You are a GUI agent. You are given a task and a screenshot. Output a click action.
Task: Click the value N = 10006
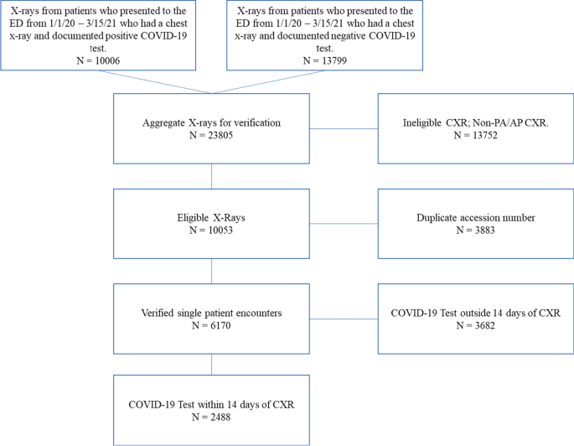coord(99,60)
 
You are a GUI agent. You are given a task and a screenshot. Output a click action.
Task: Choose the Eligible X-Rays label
coord(212,215)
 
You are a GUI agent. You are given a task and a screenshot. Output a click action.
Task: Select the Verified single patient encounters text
coord(212,313)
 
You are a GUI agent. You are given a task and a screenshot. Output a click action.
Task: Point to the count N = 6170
coord(212,325)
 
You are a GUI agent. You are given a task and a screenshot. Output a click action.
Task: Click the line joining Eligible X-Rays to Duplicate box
coord(344,224)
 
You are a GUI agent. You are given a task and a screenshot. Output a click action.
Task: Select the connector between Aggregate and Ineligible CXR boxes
coord(344,128)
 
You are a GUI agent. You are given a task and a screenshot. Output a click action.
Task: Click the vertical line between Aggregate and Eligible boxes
coord(212,176)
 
